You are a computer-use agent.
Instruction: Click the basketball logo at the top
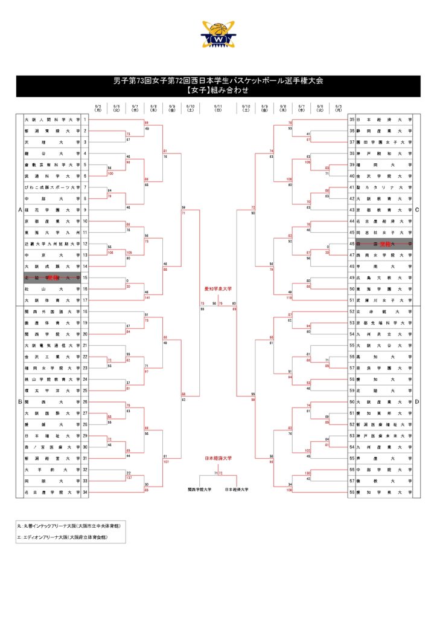click(218, 35)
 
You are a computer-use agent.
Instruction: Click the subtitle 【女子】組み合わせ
click(218, 90)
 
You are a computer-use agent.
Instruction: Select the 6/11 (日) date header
click(218, 108)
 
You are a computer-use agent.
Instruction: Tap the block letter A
click(20, 210)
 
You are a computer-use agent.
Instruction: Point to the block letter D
click(416, 401)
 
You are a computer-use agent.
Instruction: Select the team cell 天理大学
click(52, 142)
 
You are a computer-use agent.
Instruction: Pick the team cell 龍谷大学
click(52, 154)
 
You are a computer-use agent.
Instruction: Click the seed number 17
click(86, 300)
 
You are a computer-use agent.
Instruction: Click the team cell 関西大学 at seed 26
click(52, 401)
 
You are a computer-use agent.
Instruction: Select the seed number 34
click(86, 493)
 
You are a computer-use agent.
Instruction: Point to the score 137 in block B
click(129, 478)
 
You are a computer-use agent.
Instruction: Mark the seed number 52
click(352, 311)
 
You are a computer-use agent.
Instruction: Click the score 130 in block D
click(307, 473)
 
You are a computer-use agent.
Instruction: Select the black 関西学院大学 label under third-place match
click(199, 488)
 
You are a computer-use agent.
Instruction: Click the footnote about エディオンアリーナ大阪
click(62, 537)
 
